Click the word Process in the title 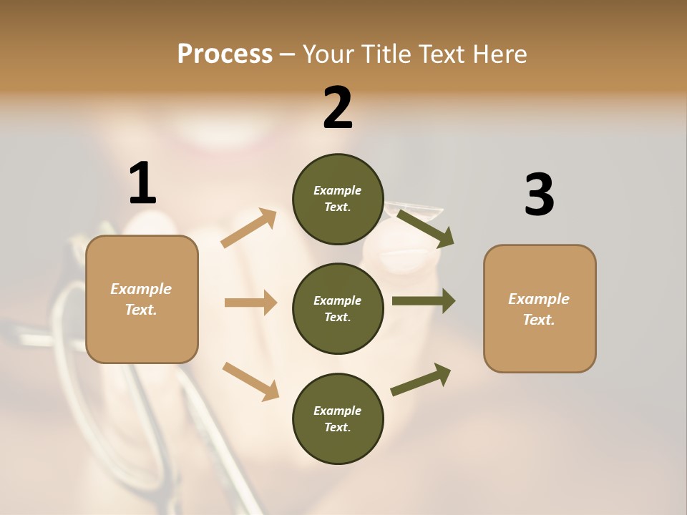[225, 54]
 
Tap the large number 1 [142, 183]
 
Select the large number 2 [338, 108]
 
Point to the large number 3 [539, 195]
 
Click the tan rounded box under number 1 [142, 299]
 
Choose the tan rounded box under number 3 [540, 308]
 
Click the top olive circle [338, 199]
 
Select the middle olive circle [338, 308]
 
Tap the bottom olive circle [338, 418]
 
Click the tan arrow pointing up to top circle [249, 228]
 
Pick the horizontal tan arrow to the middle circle [250, 303]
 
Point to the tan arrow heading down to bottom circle [250, 381]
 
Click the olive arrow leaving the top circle [426, 228]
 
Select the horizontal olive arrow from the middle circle [424, 301]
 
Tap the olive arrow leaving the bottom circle [421, 380]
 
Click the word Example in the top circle [338, 190]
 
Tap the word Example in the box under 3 [539, 299]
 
